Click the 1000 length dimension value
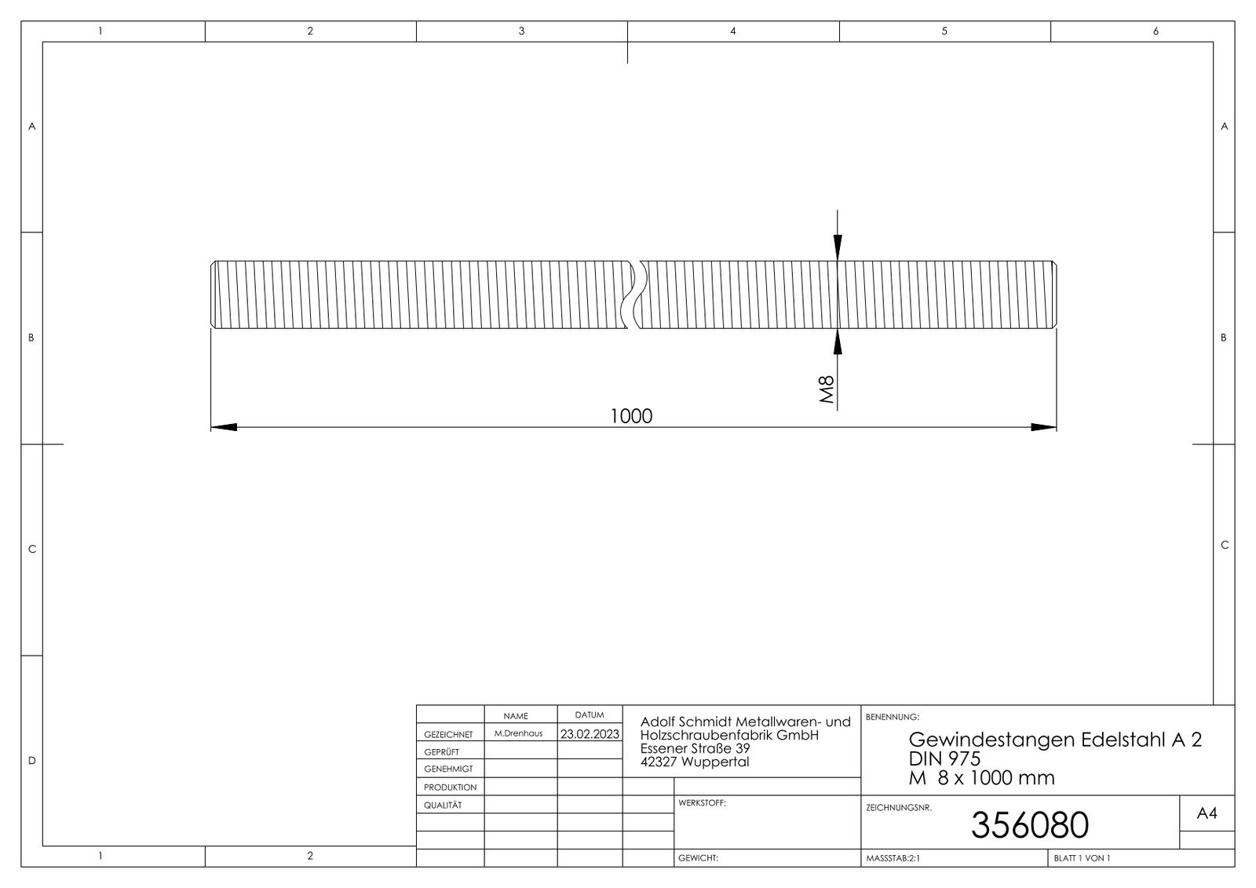(x=631, y=415)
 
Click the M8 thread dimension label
(x=826, y=389)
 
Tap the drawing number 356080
(x=1029, y=824)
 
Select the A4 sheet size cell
(x=1207, y=814)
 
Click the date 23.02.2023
(x=589, y=734)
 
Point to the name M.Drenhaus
(x=518, y=733)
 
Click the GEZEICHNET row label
(x=448, y=735)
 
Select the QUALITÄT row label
(x=443, y=805)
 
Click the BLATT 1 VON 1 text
(x=1083, y=858)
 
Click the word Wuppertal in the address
(x=715, y=762)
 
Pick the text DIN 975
(x=944, y=758)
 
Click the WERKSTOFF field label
(x=702, y=803)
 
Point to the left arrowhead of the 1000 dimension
(x=224, y=427)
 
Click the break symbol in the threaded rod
(x=635, y=294)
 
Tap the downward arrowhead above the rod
(x=838, y=247)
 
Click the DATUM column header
(x=590, y=715)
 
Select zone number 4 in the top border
(x=733, y=31)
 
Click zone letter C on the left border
(x=32, y=549)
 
